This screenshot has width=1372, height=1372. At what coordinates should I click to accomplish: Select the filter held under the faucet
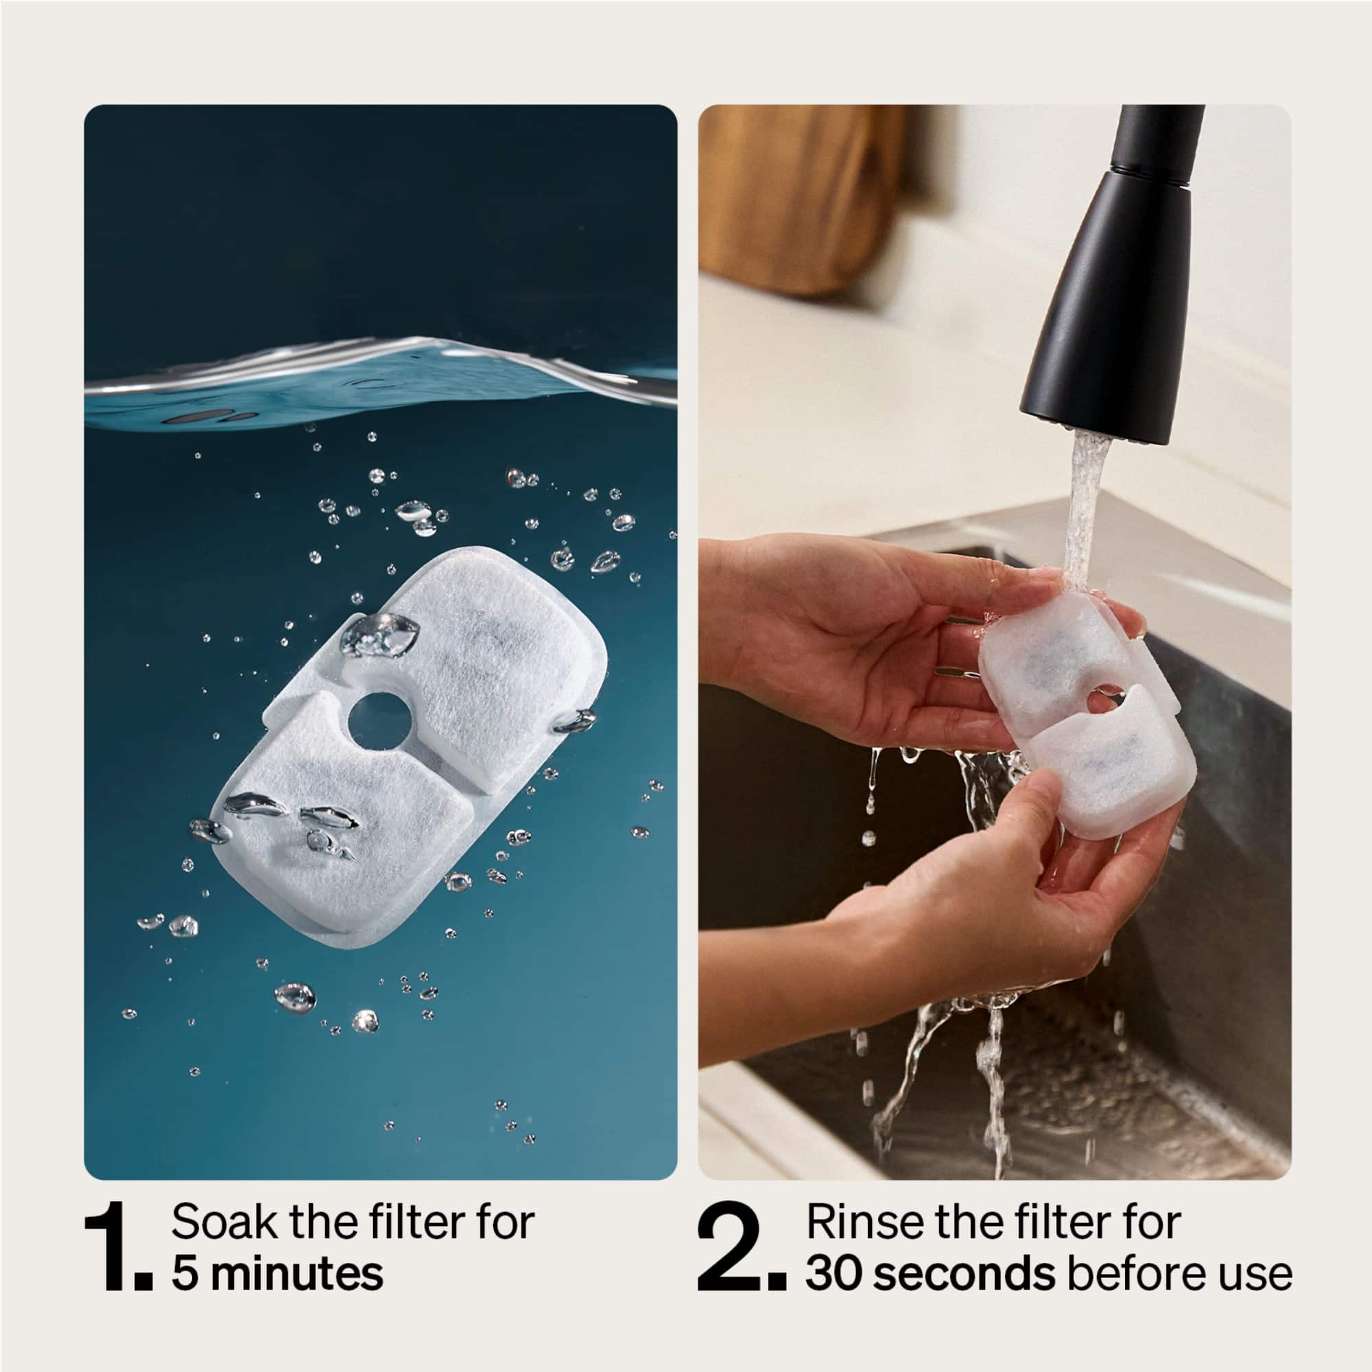pyautogui.click(x=1087, y=710)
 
